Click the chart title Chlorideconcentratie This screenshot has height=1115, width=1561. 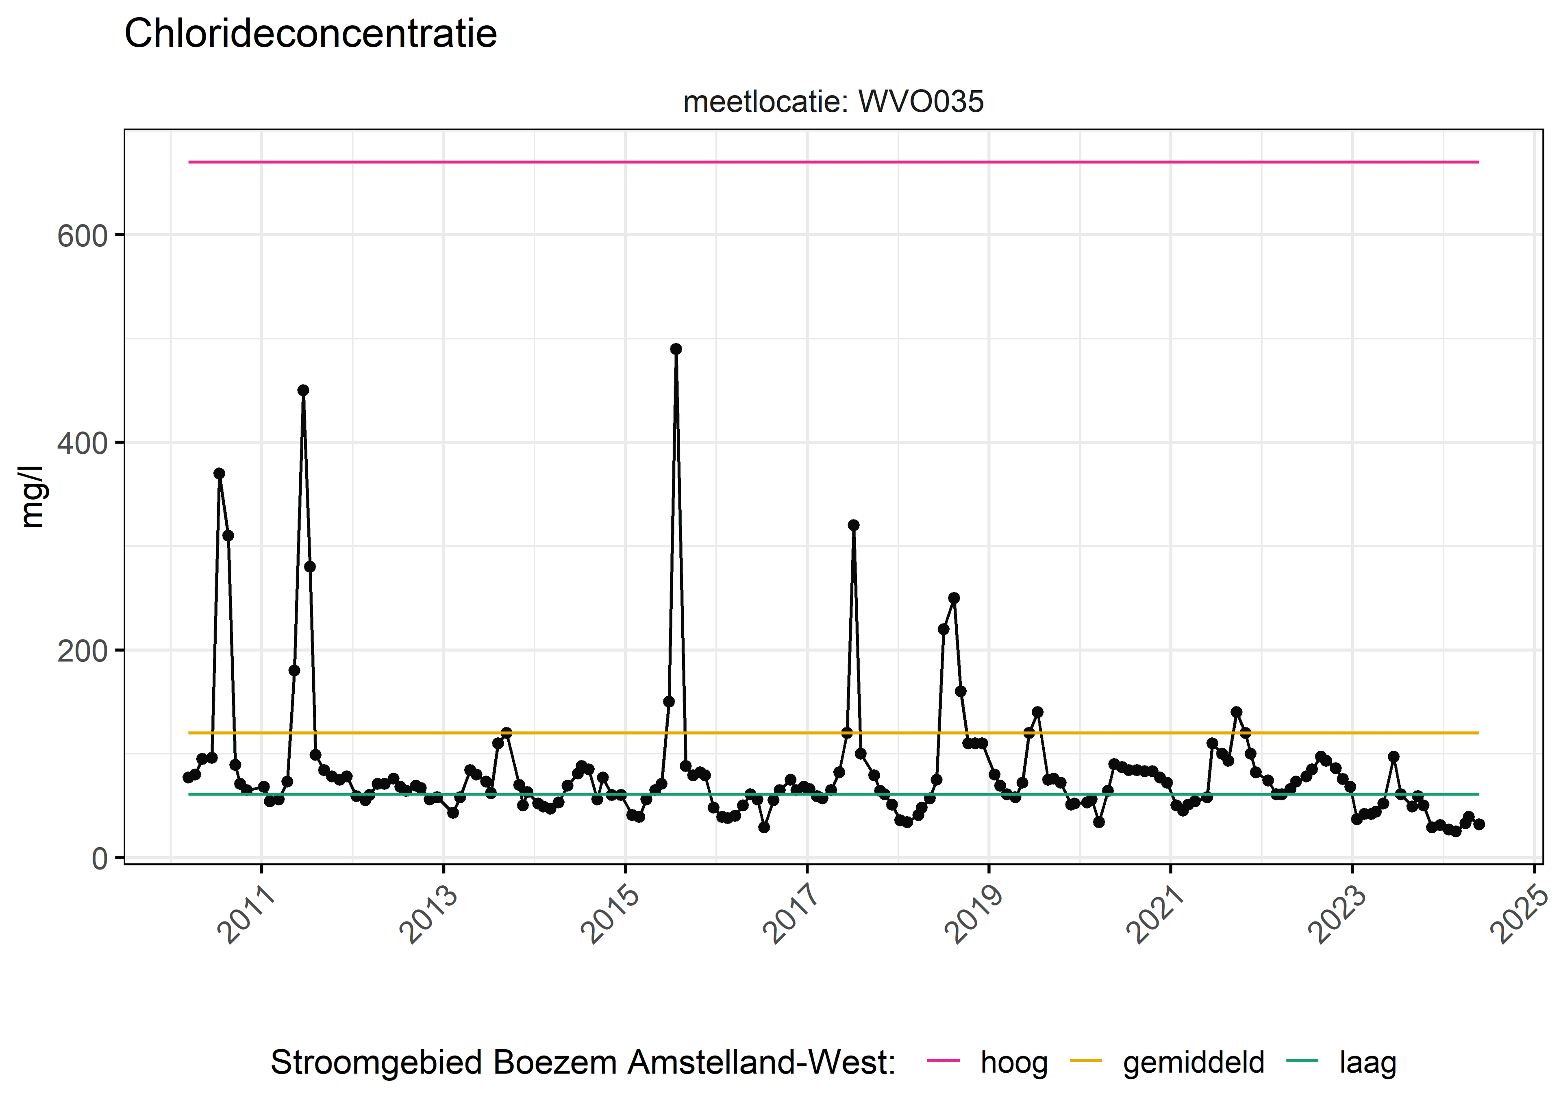(x=310, y=34)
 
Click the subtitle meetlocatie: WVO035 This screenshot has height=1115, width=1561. (x=833, y=102)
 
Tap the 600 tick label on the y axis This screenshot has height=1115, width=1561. (x=83, y=236)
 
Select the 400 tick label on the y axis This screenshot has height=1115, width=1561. (x=83, y=443)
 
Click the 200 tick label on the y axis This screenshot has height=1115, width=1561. (x=83, y=651)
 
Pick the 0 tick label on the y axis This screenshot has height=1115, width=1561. (x=100, y=858)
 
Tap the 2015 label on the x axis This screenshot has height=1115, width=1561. (x=610, y=915)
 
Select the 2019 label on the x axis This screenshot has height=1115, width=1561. (x=974, y=915)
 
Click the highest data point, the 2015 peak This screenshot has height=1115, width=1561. (x=676, y=349)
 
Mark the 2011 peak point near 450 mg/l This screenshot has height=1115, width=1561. (x=303, y=390)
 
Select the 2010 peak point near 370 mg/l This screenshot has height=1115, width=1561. (x=219, y=474)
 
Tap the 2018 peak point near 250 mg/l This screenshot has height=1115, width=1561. (x=954, y=598)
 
